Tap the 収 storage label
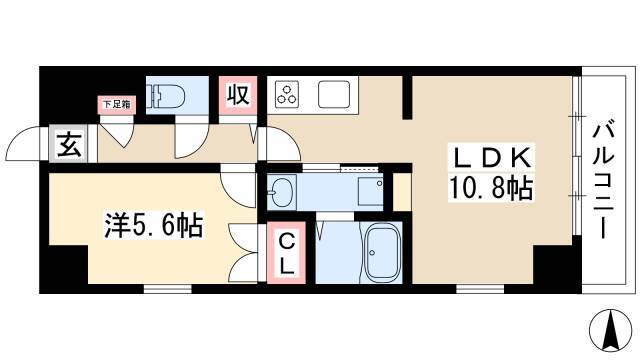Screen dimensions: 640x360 (x=238, y=95)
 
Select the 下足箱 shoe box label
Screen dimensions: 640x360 (x=116, y=104)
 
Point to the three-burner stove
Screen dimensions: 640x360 (x=287, y=94)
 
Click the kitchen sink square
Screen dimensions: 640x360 (x=334, y=94)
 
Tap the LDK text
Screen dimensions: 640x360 (x=491, y=157)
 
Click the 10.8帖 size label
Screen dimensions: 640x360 (x=491, y=187)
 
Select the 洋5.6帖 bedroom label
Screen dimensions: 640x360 (x=154, y=225)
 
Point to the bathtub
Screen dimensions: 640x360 (x=382, y=252)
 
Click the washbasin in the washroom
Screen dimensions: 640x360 (x=282, y=191)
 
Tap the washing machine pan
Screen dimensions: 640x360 (x=371, y=192)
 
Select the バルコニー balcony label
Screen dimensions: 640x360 (x=603, y=177)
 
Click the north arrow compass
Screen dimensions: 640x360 (x=611, y=331)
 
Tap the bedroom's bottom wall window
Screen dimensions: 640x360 (x=168, y=289)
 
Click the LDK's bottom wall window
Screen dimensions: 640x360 (x=480, y=289)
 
